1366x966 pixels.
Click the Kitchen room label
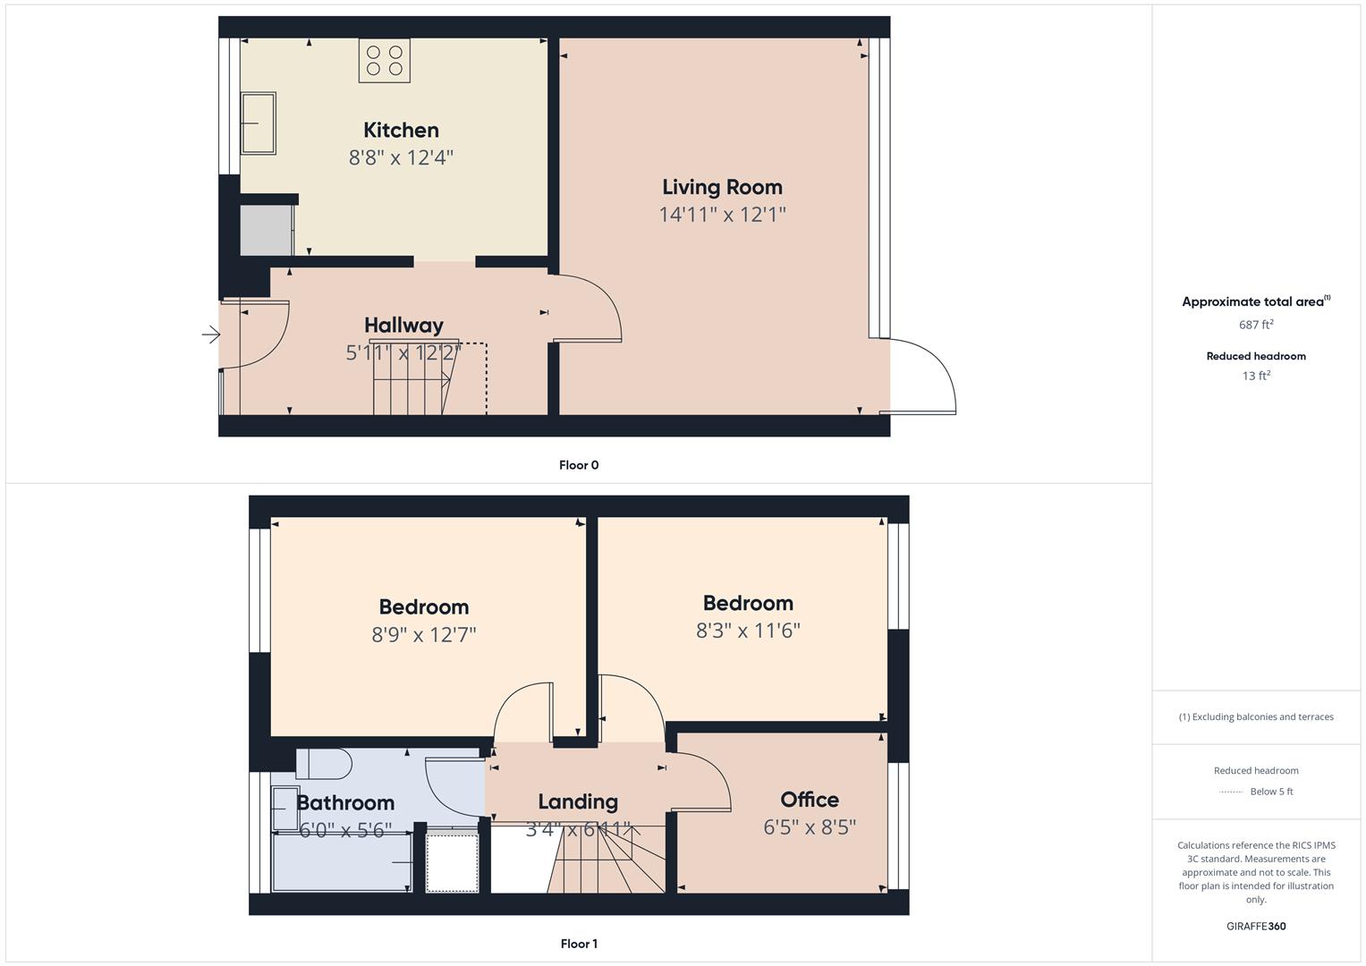coord(401,131)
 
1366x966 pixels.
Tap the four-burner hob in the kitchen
coord(385,60)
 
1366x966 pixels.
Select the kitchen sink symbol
coord(258,123)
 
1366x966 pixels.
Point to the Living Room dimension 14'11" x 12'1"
coord(722,215)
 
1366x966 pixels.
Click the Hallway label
coord(403,326)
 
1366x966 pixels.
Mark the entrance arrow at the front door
coord(211,335)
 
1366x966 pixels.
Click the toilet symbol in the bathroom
coord(324,764)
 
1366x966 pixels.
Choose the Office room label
coord(810,800)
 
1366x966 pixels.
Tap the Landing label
coord(578,801)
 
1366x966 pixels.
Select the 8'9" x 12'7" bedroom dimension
coord(424,635)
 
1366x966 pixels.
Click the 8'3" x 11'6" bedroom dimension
coord(748,631)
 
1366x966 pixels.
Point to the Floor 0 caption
coord(579,465)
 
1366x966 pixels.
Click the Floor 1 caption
coord(579,944)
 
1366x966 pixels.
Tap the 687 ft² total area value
coord(1256,325)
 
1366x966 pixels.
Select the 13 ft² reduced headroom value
coord(1256,376)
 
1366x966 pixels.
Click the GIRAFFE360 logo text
coord(1256,927)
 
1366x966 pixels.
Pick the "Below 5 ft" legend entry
coord(1270,792)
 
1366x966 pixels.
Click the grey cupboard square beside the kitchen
coord(266,231)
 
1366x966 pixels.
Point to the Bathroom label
coord(345,802)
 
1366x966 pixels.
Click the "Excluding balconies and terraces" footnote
coord(1256,716)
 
